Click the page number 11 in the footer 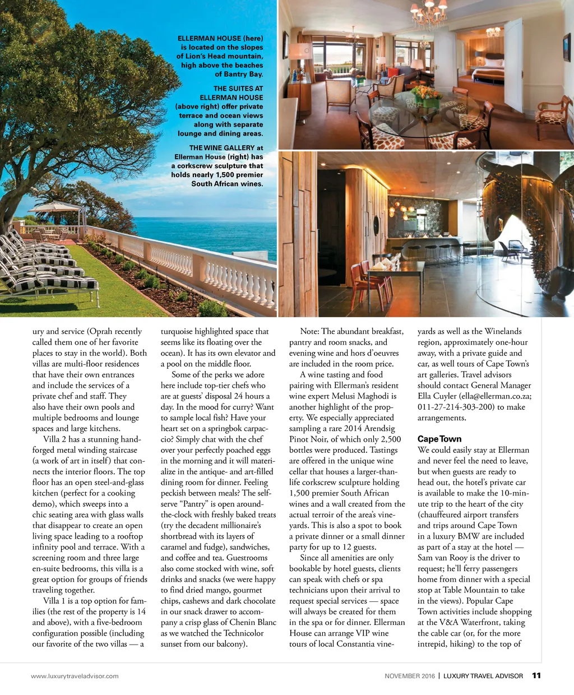pyautogui.click(x=536, y=675)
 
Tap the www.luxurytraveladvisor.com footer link pyautogui.click(x=75, y=676)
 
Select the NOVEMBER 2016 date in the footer pyautogui.click(x=409, y=676)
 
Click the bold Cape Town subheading pyautogui.click(x=439, y=439)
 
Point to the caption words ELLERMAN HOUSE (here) pyautogui.click(x=220, y=39)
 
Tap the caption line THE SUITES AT pyautogui.click(x=238, y=89)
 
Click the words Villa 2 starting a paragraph pyautogui.click(x=54, y=439)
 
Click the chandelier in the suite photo pyautogui.click(x=429, y=14)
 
